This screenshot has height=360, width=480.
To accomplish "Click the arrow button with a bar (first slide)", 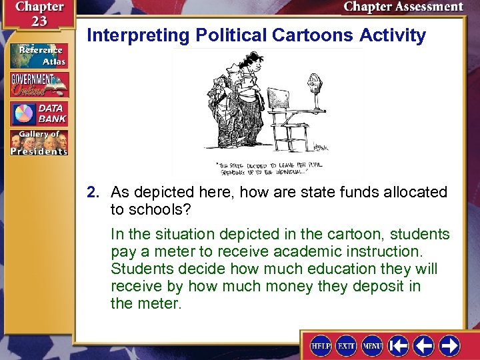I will (399, 346).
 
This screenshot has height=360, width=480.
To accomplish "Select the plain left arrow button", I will (424, 346).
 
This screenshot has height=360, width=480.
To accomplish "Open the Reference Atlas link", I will (39, 56).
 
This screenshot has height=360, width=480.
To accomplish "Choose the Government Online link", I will (39, 85).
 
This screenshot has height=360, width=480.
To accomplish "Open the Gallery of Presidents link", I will (39, 142).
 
